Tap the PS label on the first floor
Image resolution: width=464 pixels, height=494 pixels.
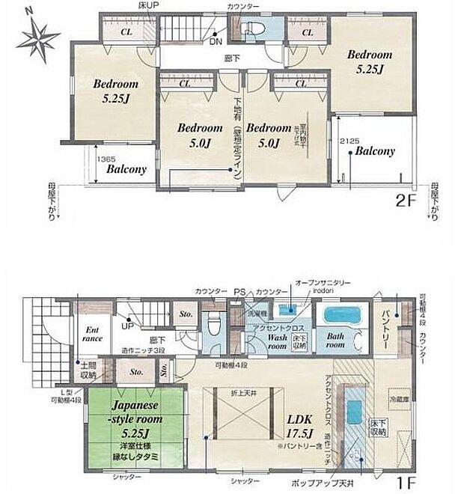pos(239,292)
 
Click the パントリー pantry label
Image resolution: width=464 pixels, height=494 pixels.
pos(383,323)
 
